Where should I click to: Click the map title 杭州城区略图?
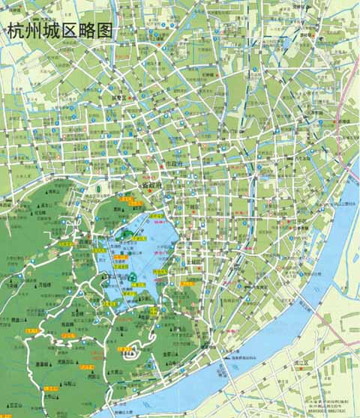pyautogui.click(x=59, y=31)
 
